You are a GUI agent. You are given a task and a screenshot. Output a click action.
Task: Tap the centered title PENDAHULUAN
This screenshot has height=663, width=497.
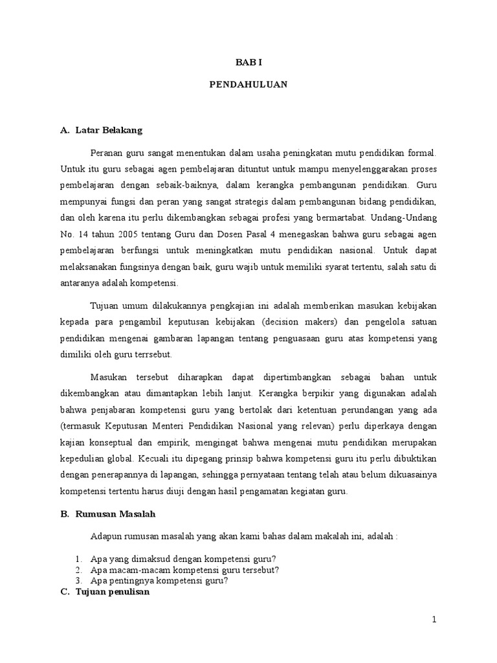[248, 84]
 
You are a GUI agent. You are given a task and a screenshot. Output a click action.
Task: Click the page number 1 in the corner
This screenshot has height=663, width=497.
[435, 620]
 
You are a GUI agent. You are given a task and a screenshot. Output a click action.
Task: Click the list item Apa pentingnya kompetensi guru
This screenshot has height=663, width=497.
[160, 581]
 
